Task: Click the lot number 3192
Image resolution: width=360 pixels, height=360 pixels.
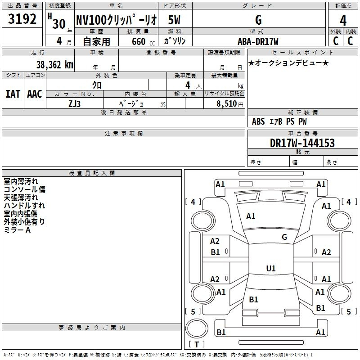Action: (x=22, y=19)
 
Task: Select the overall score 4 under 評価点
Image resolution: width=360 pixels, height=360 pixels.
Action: (x=343, y=21)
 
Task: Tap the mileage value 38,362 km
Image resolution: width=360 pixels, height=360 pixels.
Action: (x=55, y=65)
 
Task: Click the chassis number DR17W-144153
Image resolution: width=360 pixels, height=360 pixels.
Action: (x=302, y=143)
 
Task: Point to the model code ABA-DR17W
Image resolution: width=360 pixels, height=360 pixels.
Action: (x=258, y=41)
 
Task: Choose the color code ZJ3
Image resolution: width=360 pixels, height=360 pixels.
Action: (x=75, y=104)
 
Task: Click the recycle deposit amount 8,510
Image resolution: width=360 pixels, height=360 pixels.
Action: (x=227, y=103)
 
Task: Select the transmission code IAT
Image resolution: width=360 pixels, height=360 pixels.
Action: (x=13, y=94)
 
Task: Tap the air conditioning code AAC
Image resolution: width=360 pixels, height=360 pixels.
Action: (x=35, y=94)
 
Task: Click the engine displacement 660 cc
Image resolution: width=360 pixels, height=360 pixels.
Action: (x=143, y=41)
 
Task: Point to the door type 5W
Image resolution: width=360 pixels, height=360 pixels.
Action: (x=174, y=20)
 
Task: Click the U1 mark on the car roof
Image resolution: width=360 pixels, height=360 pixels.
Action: (x=271, y=268)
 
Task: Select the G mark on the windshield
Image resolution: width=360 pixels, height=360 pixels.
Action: (x=284, y=237)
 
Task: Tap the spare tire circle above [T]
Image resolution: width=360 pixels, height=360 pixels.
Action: (x=197, y=328)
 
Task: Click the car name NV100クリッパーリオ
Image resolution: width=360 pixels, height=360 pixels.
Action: (x=117, y=20)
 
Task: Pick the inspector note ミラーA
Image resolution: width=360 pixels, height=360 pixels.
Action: (x=17, y=230)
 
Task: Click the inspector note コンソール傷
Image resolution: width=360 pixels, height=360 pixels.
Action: (x=25, y=189)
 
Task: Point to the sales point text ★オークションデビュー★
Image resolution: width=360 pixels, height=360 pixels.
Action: (x=288, y=63)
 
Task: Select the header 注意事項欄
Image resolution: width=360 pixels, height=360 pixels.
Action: (x=124, y=133)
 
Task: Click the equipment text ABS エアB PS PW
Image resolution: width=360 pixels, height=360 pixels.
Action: (x=279, y=121)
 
